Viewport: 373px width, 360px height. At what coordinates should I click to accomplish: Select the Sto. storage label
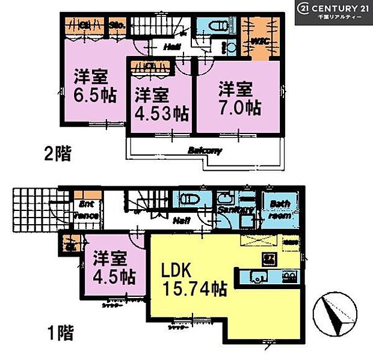pos(116,25)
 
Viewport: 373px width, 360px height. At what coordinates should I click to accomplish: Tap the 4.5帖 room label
pos(114,269)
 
